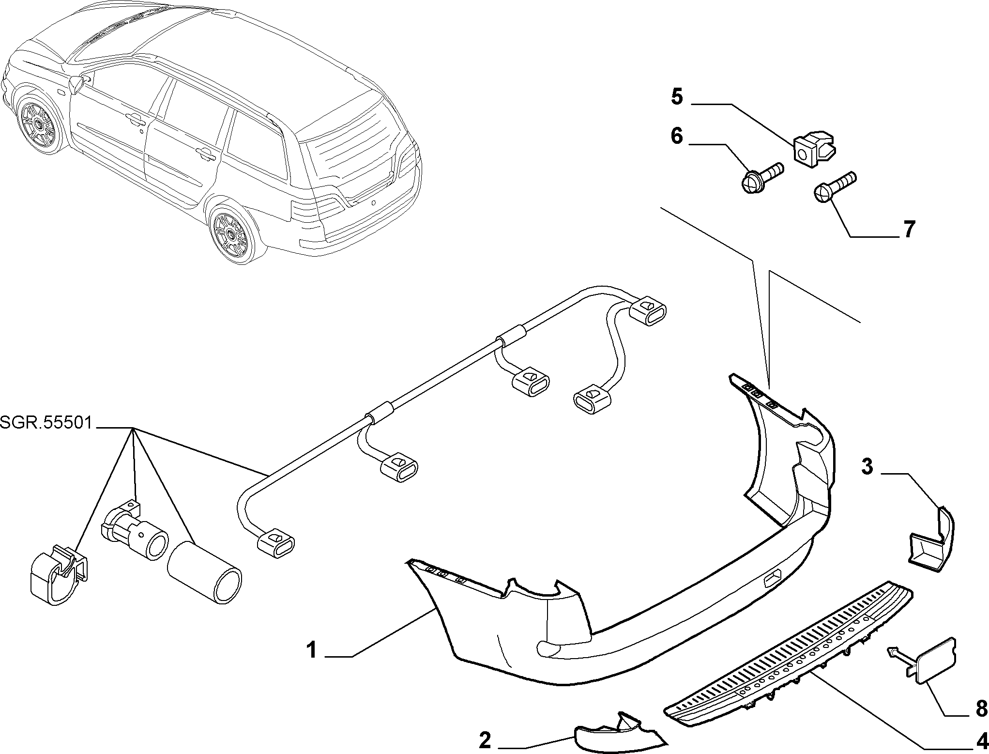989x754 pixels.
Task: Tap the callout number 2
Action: [485, 740]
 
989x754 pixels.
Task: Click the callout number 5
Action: [677, 97]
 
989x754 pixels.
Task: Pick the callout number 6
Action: [677, 136]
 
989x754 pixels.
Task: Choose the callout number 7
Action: [909, 229]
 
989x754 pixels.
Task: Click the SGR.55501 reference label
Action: [46, 423]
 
